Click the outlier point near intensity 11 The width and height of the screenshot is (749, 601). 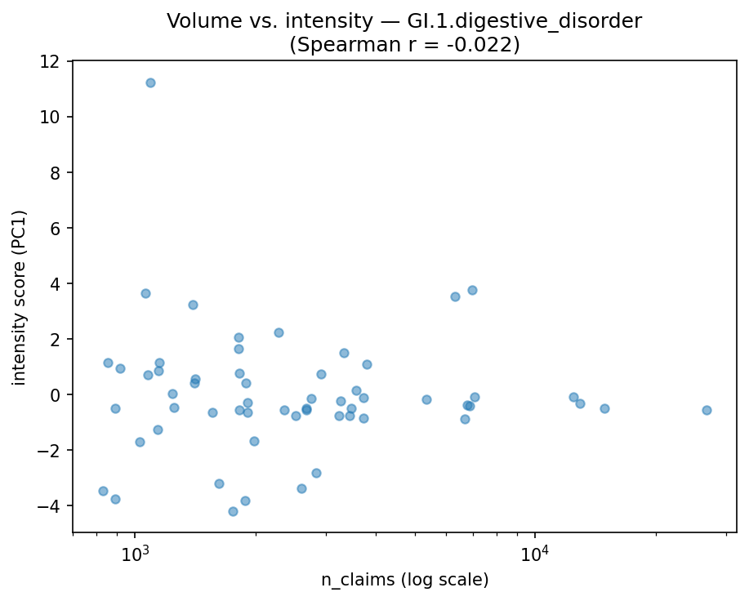point(150,82)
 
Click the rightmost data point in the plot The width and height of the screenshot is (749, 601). point(707,410)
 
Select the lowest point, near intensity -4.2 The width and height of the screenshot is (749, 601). point(233,511)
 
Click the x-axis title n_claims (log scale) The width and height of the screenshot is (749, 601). point(404,581)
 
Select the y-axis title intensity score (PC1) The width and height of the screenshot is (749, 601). point(20,297)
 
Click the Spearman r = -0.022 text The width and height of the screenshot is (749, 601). point(404,45)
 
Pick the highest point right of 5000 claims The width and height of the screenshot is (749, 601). point(472,290)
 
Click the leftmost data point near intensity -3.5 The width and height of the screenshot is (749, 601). point(103,491)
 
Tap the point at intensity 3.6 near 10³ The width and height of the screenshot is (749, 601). point(145,293)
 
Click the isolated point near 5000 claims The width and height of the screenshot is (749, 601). point(426,399)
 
